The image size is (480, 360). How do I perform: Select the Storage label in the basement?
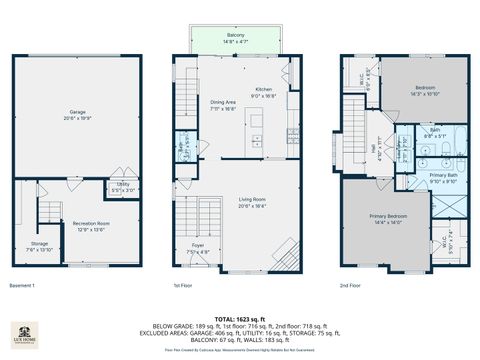tap(38, 245)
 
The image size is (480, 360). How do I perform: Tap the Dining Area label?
tap(223, 104)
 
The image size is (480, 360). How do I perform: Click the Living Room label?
tap(251, 202)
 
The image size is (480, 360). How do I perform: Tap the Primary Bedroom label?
tap(386, 218)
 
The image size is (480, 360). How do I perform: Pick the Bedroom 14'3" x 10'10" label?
tap(425, 90)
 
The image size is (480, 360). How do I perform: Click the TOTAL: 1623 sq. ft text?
tap(240, 318)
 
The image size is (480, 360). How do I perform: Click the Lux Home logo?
tap(24, 336)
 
